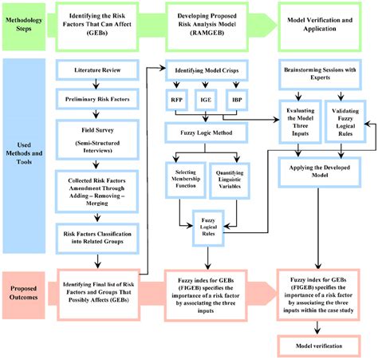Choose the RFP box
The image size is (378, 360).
177,101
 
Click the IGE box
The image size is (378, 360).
207,101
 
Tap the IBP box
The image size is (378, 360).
237,101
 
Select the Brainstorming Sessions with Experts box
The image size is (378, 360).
324,75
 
